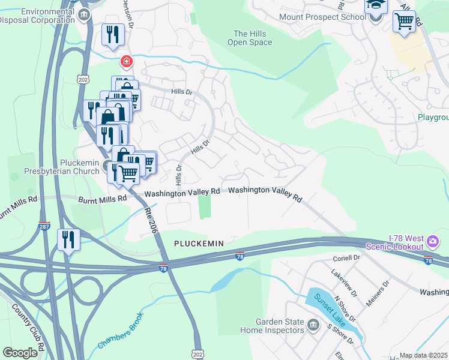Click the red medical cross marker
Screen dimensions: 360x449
[x=126, y=61]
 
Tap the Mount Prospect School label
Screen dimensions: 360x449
[x=322, y=16]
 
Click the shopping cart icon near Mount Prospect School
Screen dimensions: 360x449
[x=405, y=22]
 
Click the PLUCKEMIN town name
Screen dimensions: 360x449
[x=199, y=243]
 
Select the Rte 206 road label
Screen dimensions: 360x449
[x=151, y=213]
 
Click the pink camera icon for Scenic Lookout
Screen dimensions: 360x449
[x=433, y=242]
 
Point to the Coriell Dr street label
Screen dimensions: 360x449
[x=346, y=258]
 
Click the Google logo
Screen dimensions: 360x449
[x=20, y=353]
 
